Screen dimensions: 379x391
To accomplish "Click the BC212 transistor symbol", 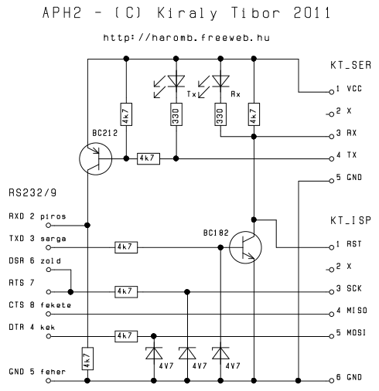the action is click(95, 158).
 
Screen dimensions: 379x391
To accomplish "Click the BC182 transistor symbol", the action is click(245, 247).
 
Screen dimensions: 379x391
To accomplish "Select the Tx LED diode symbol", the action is click(176, 81).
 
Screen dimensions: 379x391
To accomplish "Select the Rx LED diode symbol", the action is click(220, 81).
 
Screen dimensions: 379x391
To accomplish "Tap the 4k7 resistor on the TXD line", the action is click(126, 247).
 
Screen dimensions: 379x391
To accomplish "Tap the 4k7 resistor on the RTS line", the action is click(126, 292).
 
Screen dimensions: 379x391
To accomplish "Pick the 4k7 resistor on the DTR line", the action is click(126, 336).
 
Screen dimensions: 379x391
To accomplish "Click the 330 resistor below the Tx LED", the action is click(176, 114).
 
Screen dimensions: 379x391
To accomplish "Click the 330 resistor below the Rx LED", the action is click(220, 114).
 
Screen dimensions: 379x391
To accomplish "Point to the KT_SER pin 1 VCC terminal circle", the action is click(332, 92).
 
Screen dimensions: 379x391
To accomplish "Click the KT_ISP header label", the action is click(350, 221).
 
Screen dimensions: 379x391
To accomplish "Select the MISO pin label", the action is click(357, 311).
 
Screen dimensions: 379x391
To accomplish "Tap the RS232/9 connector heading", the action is click(32, 192).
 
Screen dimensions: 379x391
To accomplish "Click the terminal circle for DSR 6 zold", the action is click(48, 270).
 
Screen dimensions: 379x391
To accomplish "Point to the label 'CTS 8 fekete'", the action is click(40, 305).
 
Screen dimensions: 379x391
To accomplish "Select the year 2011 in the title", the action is click(312, 13).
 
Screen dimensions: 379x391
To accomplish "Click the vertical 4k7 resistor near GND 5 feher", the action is click(87, 359).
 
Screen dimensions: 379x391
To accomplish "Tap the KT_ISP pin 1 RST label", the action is click(354, 244).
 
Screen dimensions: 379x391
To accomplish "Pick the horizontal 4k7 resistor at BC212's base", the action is click(149, 158).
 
